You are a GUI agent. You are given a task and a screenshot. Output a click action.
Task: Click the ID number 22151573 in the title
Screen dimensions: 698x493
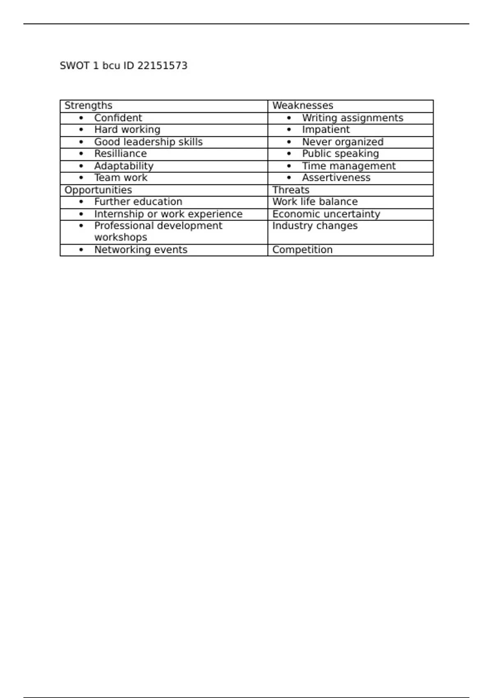click(162, 66)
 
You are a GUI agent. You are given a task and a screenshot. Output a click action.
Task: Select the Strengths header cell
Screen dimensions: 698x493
click(88, 106)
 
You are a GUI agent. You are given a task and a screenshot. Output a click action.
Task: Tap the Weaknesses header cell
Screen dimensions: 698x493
click(302, 106)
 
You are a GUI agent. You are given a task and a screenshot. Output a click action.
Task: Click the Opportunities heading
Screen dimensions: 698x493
click(98, 190)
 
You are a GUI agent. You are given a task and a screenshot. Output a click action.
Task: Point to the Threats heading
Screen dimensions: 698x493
click(290, 190)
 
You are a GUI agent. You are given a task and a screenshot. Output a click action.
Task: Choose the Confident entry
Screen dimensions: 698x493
click(118, 118)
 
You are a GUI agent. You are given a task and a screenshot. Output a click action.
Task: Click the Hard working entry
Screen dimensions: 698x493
click(127, 130)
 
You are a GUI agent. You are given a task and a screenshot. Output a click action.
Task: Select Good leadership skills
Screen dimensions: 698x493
click(148, 142)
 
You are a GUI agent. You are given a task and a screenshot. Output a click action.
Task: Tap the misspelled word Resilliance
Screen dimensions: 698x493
click(120, 154)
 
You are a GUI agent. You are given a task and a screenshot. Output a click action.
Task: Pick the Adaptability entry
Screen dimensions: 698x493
click(124, 166)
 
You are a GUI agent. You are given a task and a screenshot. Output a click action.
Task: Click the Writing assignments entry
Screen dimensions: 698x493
click(352, 118)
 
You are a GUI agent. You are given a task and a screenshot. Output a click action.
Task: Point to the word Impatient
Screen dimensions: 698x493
click(326, 130)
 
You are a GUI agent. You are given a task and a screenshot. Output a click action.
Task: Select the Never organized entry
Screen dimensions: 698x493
click(343, 142)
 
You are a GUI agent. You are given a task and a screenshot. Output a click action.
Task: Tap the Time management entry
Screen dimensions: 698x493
click(349, 166)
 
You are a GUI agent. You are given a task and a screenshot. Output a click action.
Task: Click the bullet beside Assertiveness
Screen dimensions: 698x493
click(289, 178)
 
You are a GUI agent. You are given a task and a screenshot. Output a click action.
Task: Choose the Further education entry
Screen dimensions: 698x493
click(138, 202)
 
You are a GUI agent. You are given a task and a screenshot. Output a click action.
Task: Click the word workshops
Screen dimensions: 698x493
click(120, 237)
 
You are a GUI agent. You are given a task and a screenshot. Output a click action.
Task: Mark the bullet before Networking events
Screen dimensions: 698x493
click(81, 250)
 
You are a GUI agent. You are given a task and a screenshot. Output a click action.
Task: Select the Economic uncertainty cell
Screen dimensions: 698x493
click(326, 214)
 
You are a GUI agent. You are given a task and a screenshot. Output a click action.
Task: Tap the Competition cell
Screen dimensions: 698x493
click(302, 250)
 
